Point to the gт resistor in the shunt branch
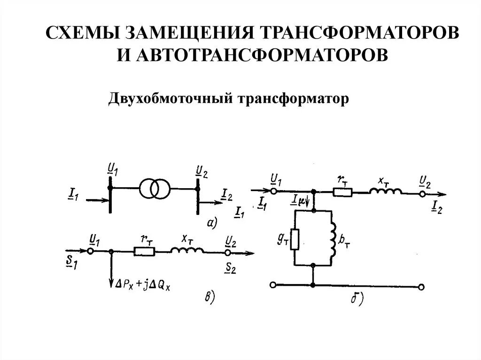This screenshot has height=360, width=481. click(295, 239)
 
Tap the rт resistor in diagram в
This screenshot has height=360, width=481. click(144, 252)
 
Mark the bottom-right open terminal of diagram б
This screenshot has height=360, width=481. click(422, 286)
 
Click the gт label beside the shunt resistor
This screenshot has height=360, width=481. click(283, 239)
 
